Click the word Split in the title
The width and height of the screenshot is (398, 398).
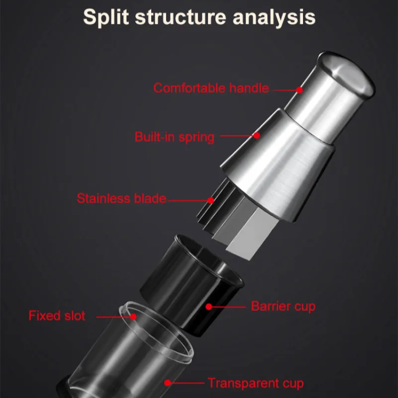click(106, 17)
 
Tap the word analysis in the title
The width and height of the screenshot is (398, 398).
click(274, 17)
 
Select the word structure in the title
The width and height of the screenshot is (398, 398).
click(181, 17)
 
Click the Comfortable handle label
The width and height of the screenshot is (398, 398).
click(211, 88)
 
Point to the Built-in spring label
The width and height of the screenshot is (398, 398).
click(175, 137)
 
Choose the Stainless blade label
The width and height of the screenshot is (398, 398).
click(121, 198)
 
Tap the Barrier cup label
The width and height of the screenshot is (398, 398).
click(283, 306)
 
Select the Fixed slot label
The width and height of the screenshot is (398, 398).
click(57, 316)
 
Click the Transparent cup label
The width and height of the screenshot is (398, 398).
click(256, 383)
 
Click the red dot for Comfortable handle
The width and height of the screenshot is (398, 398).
click(299, 90)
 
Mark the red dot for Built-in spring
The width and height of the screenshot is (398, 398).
click(257, 135)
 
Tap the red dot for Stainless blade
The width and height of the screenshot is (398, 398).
click(210, 200)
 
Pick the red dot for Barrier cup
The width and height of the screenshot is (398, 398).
click(209, 307)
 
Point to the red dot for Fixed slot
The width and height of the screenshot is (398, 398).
click(133, 317)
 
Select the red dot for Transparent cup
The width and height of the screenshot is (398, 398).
click(168, 383)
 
